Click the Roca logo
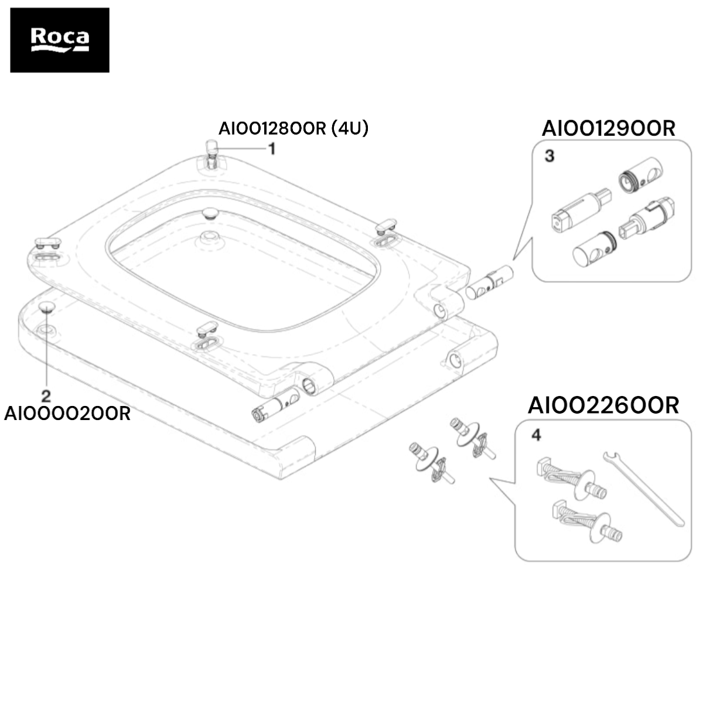[60, 40]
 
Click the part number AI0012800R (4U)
[294, 128]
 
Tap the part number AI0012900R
[609, 128]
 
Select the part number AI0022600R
[603, 405]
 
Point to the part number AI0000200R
[67, 414]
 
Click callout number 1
[272, 149]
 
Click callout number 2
[46, 396]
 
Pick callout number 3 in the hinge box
[550, 156]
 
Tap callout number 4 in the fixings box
[536, 435]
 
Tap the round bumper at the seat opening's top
[210, 213]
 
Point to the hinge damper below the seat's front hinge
[276, 405]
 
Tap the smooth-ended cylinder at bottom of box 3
[594, 249]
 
